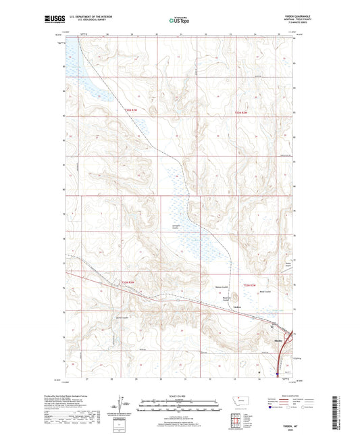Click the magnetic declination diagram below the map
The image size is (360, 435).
[122, 406]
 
